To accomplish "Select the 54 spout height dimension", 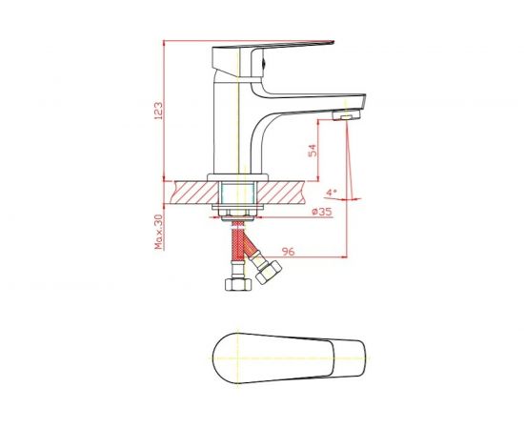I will pos(312,150).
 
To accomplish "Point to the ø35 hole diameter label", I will pos(322,211).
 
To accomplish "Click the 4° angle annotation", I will pos(331,191).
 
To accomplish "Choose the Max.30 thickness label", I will pos(159,231).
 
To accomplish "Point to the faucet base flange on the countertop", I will pos(238,176).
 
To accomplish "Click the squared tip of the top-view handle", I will pos(359,358).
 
